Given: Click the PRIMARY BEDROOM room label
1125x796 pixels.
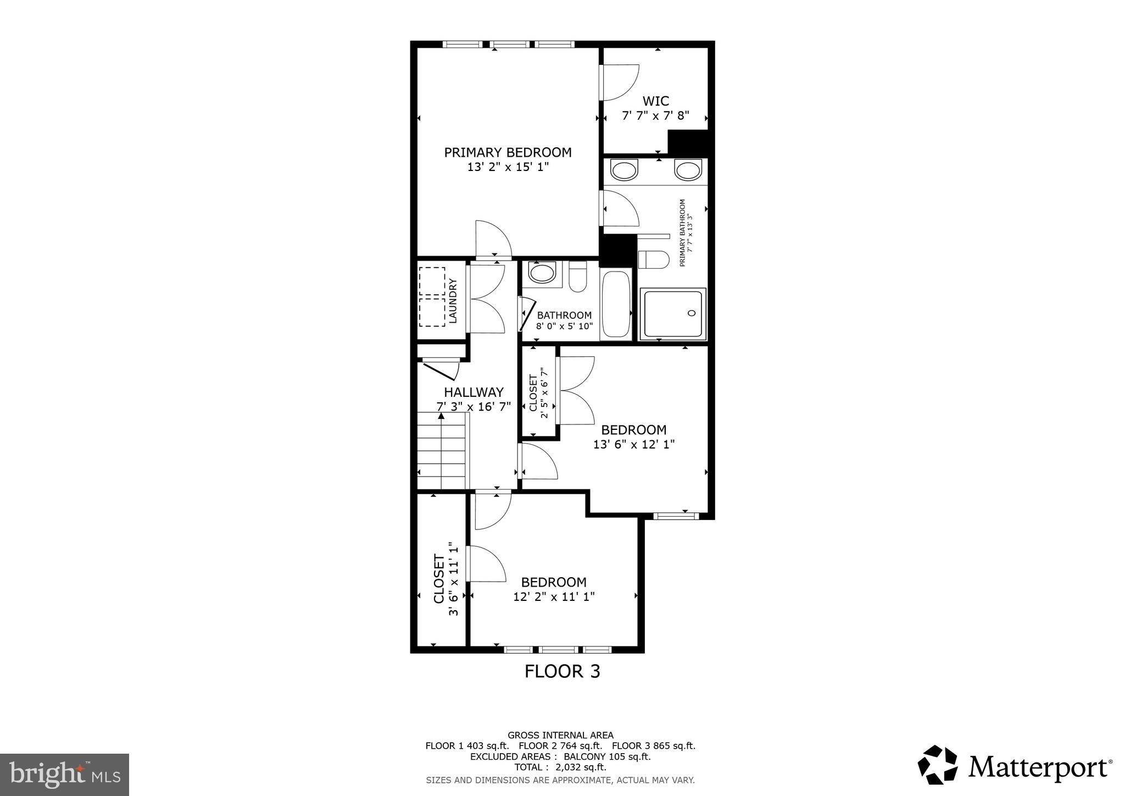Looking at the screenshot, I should coord(508,152).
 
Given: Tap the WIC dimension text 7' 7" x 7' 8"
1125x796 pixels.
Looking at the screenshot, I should coord(655,116).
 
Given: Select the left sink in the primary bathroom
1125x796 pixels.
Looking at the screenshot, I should coord(624,170).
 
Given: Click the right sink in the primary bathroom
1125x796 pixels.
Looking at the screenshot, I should coord(688,170).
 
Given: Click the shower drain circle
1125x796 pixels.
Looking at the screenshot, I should coord(692,313).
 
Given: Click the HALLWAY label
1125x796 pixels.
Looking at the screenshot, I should coord(474,392).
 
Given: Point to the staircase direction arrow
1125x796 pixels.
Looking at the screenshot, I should coord(441,416).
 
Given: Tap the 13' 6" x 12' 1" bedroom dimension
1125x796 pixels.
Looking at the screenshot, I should coord(633,444).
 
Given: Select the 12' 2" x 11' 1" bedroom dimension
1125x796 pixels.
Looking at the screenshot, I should coord(554,596).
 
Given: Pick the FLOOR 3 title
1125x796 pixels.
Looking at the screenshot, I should coord(562,671).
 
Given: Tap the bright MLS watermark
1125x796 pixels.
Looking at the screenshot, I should coord(64,775).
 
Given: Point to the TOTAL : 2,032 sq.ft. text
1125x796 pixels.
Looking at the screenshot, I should coord(560,767).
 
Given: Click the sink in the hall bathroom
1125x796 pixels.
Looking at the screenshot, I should coord(542,273).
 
